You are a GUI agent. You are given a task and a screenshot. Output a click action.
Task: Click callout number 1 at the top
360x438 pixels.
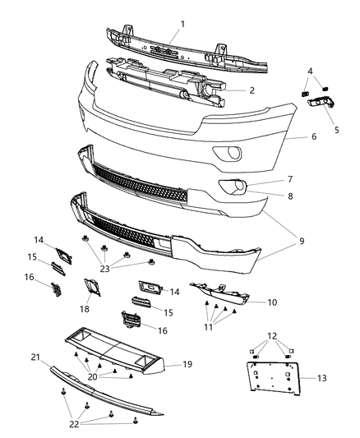coord(182,23)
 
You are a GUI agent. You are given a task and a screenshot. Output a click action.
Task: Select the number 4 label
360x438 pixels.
coord(309,71)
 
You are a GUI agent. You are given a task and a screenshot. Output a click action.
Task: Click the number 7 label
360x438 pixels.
coord(289,178)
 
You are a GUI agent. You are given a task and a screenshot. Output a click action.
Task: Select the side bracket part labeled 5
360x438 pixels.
coord(321,107)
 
